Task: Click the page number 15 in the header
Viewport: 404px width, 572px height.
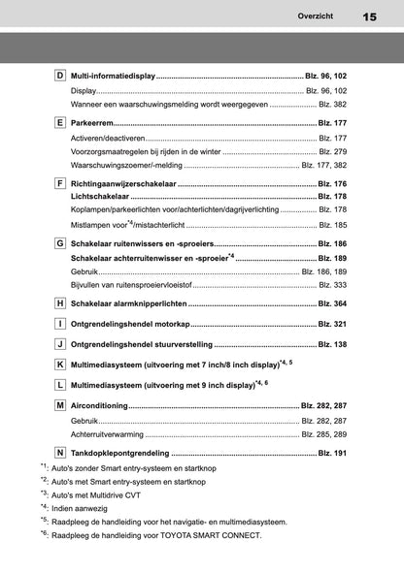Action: click(x=369, y=16)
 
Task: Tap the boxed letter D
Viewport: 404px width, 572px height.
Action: click(x=59, y=76)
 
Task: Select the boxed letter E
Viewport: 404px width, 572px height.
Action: click(x=59, y=124)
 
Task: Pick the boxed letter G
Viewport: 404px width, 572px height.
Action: click(x=59, y=244)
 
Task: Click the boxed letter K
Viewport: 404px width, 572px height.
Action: click(x=59, y=364)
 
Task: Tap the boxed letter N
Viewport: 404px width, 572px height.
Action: click(x=59, y=453)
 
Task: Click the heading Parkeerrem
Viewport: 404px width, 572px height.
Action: click(x=94, y=124)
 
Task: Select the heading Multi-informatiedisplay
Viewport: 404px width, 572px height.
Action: click(x=113, y=76)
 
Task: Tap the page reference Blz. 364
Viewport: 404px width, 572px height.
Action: click(x=332, y=304)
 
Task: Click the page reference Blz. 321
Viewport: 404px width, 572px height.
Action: click(x=332, y=324)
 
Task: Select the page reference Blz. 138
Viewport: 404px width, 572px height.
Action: click(x=332, y=344)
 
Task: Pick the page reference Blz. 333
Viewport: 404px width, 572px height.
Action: click(x=333, y=285)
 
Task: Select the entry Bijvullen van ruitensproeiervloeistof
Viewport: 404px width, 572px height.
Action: click(x=131, y=285)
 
